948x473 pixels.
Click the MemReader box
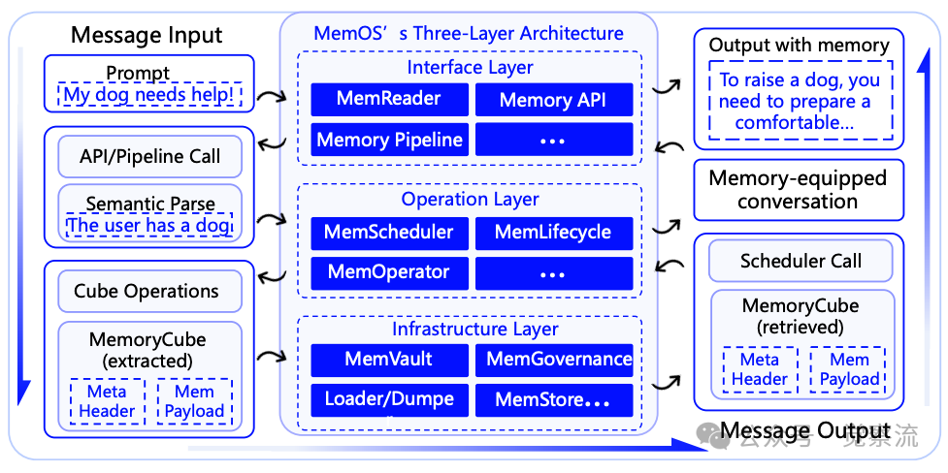pos(388,99)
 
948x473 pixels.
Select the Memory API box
pos(552,100)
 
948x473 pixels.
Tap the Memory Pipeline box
pos(388,140)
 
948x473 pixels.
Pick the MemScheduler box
pos(388,233)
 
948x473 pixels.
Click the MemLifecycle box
pos(552,233)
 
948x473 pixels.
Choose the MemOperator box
pos(388,272)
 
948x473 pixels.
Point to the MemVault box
pos(388,360)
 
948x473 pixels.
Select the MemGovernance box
pos(553,360)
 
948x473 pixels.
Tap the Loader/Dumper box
pos(388,399)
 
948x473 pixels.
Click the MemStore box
pos(553,399)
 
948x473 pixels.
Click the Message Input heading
pos(147,36)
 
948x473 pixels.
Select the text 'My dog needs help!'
pos(148,95)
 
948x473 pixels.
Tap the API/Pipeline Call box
pos(149,156)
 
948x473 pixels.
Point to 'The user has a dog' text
pos(149,226)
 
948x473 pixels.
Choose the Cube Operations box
pos(147,291)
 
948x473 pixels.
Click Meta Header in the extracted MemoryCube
pos(107,401)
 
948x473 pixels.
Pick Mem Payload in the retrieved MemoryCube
pos(848,369)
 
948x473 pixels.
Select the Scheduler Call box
pos(800,261)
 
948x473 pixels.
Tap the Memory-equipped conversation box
pos(798,190)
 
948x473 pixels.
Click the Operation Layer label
pos(470,200)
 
